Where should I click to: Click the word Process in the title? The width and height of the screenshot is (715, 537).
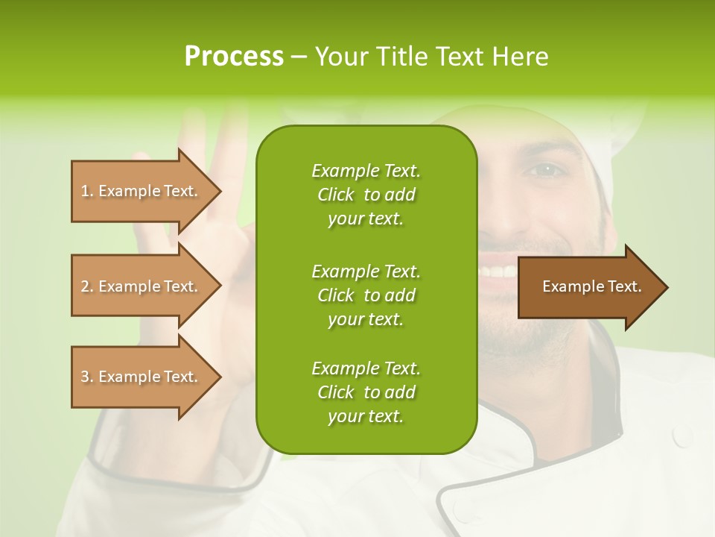[233, 57]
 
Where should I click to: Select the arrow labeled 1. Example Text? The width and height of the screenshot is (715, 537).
[142, 191]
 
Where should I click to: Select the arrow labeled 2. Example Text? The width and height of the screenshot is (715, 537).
[142, 286]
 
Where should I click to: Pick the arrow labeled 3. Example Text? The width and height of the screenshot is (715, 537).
[142, 377]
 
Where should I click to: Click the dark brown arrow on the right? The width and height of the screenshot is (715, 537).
[588, 287]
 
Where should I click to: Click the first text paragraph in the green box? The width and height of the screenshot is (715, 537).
[366, 195]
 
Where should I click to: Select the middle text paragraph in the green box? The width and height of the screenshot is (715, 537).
[366, 295]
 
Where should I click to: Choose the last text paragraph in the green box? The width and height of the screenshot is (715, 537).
[366, 392]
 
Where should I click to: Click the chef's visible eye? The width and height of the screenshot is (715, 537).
[547, 170]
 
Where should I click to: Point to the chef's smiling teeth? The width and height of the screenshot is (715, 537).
[498, 271]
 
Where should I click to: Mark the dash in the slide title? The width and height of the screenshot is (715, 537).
[299, 57]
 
